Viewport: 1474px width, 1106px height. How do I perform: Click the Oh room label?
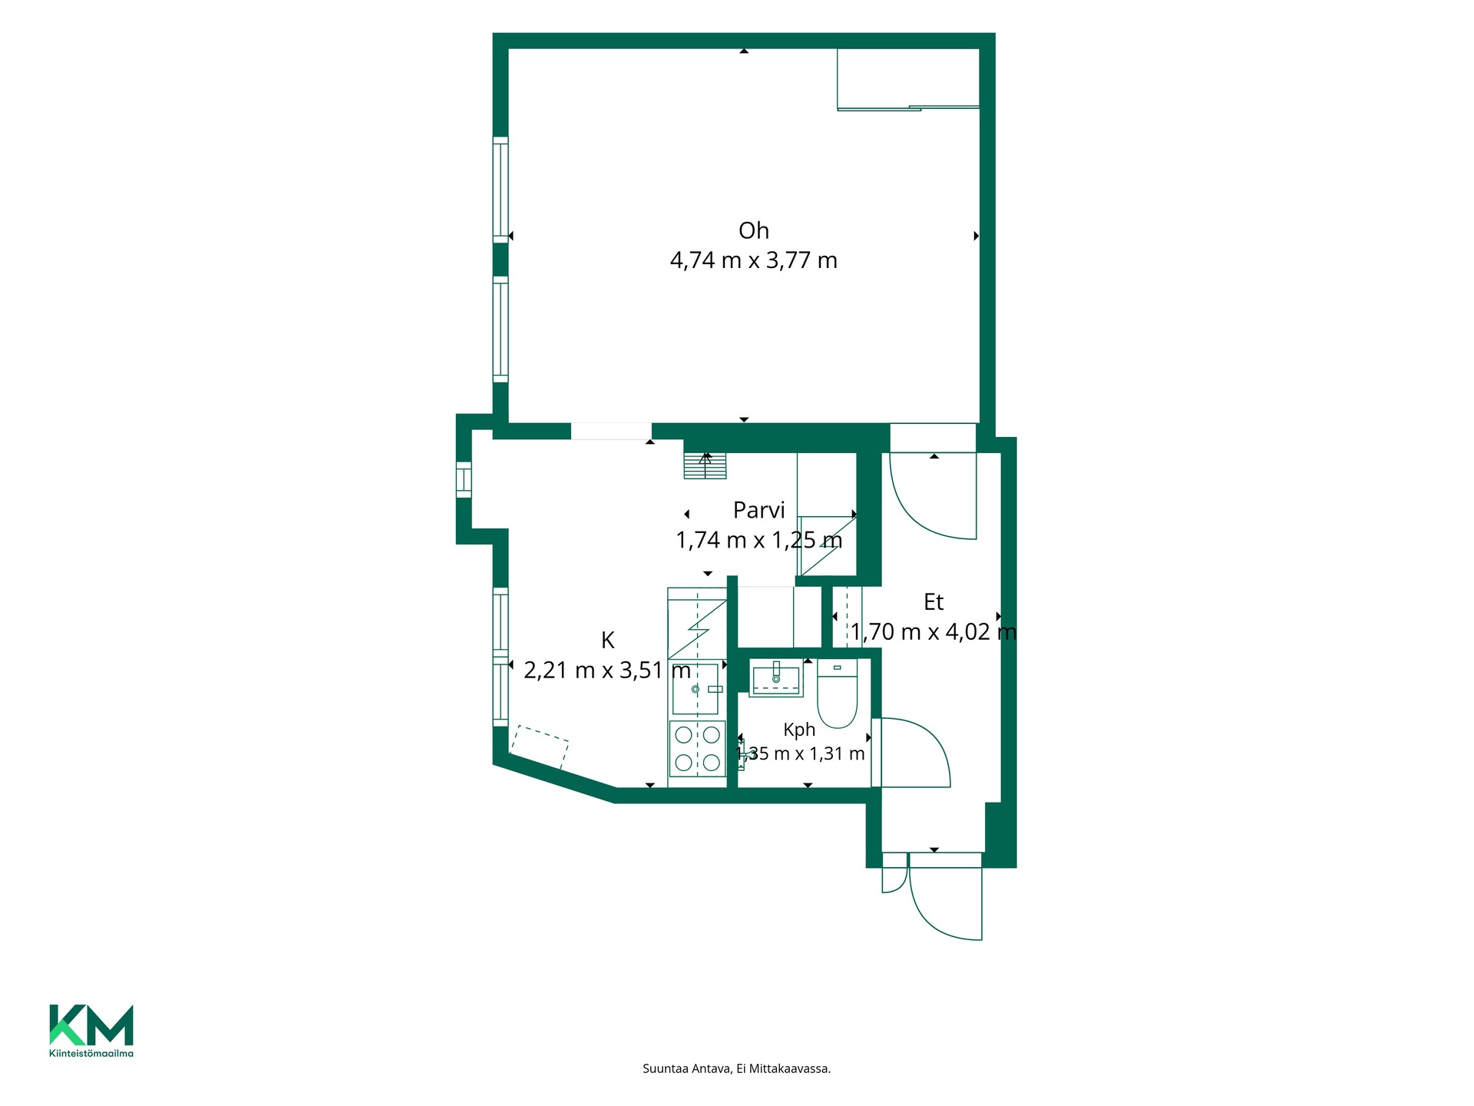[753, 230]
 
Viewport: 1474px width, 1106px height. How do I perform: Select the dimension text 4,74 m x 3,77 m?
[753, 260]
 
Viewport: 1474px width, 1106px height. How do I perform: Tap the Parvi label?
[758, 510]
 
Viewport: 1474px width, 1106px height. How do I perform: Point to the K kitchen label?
[607, 640]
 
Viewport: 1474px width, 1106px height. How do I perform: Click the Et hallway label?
[933, 602]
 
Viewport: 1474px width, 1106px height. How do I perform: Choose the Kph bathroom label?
[799, 730]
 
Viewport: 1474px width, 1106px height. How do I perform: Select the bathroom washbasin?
[776, 678]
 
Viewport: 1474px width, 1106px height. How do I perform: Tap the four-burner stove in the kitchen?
[697, 749]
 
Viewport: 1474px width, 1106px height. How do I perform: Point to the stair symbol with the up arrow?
[706, 465]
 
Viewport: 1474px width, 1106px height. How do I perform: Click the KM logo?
[91, 1025]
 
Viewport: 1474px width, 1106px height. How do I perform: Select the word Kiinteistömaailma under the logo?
[91, 1053]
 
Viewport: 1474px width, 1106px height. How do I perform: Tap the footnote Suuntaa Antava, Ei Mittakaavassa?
[737, 1068]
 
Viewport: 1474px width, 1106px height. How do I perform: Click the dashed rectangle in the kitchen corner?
[540, 747]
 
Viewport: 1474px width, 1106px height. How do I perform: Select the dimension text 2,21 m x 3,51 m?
[607, 671]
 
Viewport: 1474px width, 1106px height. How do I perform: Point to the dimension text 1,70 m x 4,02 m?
[934, 632]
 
